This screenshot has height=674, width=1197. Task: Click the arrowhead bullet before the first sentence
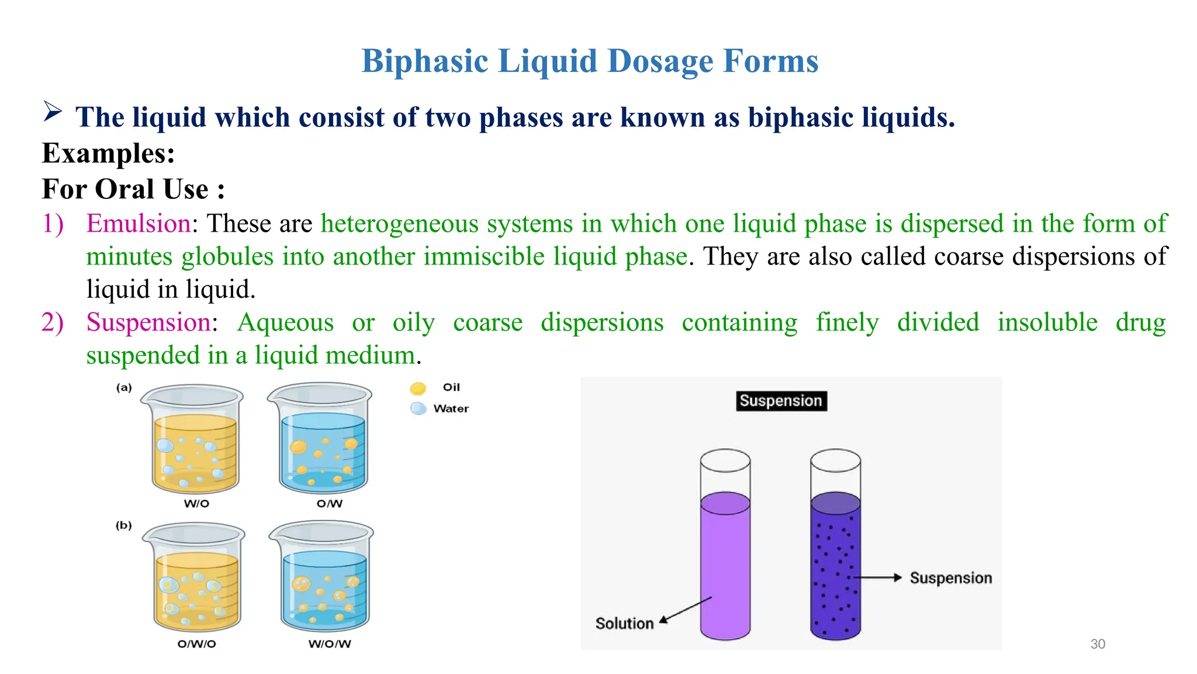tap(53, 111)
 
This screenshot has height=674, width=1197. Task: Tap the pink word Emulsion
tap(138, 223)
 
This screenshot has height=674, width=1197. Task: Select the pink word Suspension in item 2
tap(148, 322)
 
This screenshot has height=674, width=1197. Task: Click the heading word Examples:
tap(109, 153)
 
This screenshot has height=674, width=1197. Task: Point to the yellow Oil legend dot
tap(418, 388)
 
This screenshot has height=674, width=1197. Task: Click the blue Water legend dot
tap(418, 408)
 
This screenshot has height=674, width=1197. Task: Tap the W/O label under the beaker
tap(196, 504)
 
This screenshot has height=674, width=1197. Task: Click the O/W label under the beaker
tap(330, 504)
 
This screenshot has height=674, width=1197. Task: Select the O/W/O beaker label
tap(196, 644)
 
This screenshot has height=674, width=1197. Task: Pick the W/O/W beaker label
tap(330, 644)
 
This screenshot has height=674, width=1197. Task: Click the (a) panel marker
tap(124, 387)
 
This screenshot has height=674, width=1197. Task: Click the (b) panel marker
tap(124, 525)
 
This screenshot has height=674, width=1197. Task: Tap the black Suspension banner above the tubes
tap(781, 401)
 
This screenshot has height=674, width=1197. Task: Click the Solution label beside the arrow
tap(624, 624)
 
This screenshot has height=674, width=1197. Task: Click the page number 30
tap(1098, 644)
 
